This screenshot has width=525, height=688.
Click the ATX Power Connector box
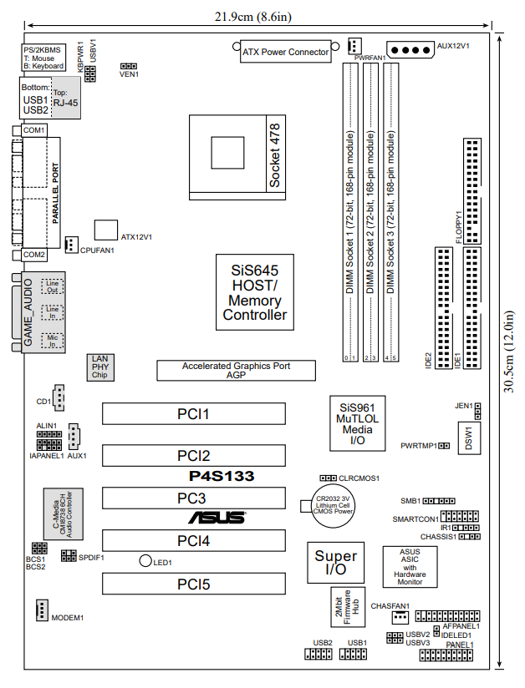(x=285, y=52)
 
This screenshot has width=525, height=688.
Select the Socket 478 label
(x=275, y=156)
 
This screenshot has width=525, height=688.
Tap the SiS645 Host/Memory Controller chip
(x=255, y=293)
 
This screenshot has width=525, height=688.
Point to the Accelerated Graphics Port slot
(x=237, y=371)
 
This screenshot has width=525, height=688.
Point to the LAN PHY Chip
(x=99, y=367)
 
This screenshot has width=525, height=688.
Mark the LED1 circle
(x=145, y=562)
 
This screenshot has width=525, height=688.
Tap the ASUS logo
(x=217, y=518)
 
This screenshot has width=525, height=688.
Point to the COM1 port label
(x=34, y=131)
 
